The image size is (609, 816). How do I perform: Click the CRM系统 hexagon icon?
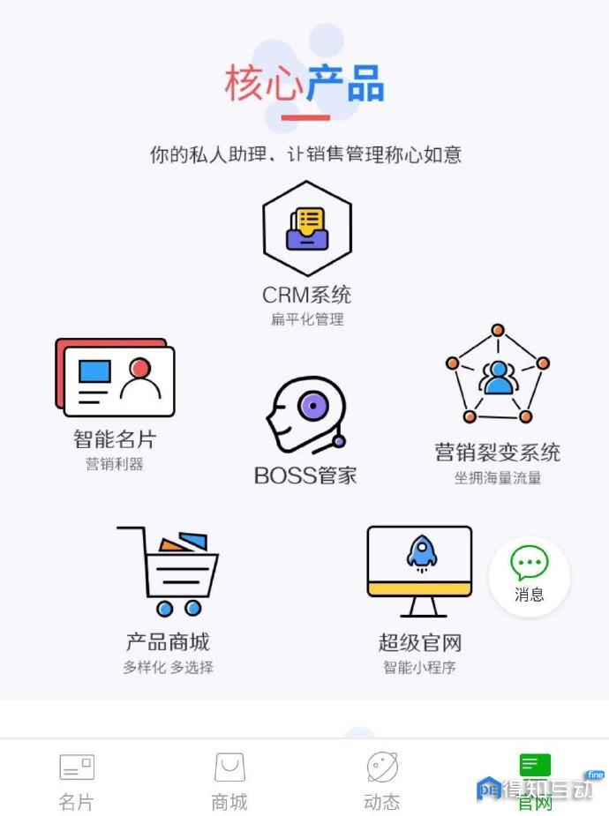(x=307, y=228)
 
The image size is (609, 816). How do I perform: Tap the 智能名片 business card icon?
(x=115, y=378)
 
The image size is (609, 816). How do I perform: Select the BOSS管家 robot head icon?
(x=306, y=415)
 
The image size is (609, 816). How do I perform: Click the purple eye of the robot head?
(x=313, y=405)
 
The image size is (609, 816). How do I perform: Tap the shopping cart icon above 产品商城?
(x=168, y=572)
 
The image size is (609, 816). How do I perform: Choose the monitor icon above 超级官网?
(x=419, y=571)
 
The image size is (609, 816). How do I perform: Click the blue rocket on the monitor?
(x=422, y=552)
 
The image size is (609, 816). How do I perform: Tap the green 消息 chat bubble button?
(x=530, y=575)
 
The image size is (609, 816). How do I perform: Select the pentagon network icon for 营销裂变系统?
(x=498, y=373)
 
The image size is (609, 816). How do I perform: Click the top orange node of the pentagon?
(x=498, y=330)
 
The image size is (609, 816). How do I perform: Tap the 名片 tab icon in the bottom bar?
(x=77, y=767)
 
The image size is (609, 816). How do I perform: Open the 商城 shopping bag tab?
(x=229, y=767)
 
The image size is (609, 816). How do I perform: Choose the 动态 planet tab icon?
(x=382, y=767)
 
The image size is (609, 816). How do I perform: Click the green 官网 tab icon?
(x=535, y=765)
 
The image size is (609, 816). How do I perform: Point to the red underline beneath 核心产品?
(x=305, y=117)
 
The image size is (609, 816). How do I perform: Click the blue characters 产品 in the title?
(x=345, y=83)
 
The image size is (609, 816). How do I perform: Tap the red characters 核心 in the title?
(x=264, y=83)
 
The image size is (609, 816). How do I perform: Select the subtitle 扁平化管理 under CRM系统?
(x=307, y=319)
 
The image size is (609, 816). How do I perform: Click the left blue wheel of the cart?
(x=164, y=608)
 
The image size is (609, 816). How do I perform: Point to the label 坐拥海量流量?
(x=498, y=478)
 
